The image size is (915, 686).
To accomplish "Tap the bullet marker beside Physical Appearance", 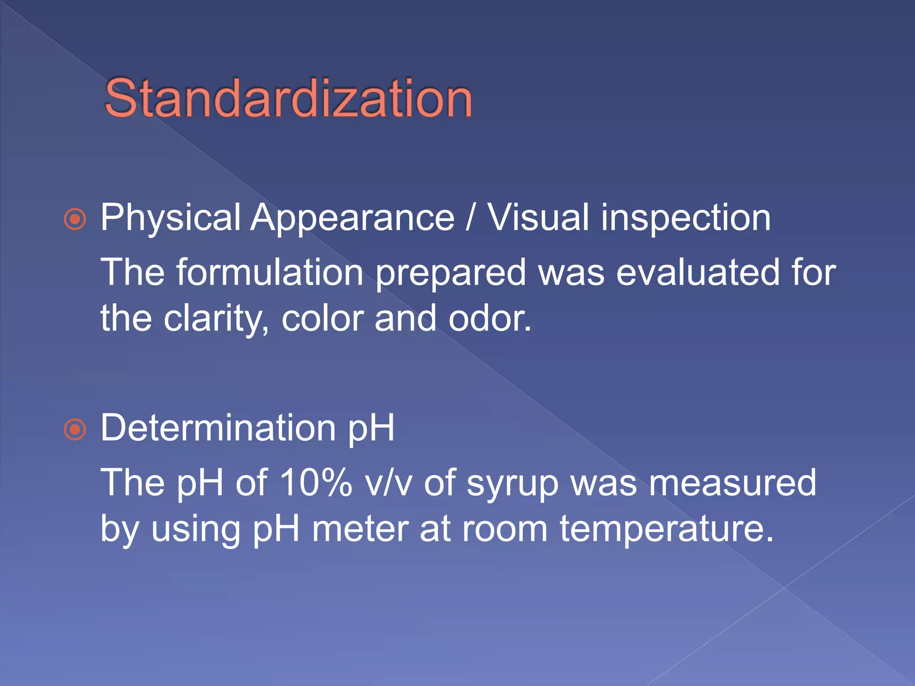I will click(75, 219).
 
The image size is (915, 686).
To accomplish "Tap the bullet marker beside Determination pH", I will click(75, 430).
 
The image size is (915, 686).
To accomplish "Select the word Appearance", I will click(352, 218).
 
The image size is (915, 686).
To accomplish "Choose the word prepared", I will click(451, 273).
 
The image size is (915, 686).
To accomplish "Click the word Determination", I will click(218, 428).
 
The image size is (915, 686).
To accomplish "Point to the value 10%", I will click(315, 483).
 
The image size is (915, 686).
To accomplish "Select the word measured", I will click(732, 483).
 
